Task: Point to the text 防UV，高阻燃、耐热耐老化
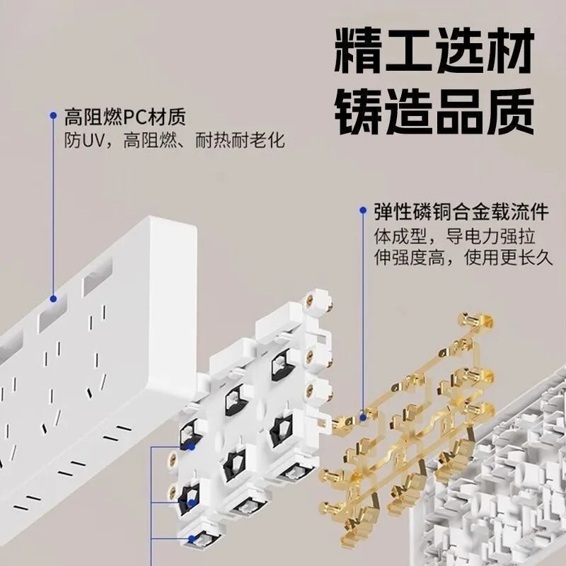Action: coord(174,141)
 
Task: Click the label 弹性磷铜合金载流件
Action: coord(462,211)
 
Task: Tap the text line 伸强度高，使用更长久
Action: coord(462,258)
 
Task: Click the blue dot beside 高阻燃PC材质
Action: coord(52,115)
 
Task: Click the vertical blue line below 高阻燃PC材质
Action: coord(52,205)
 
